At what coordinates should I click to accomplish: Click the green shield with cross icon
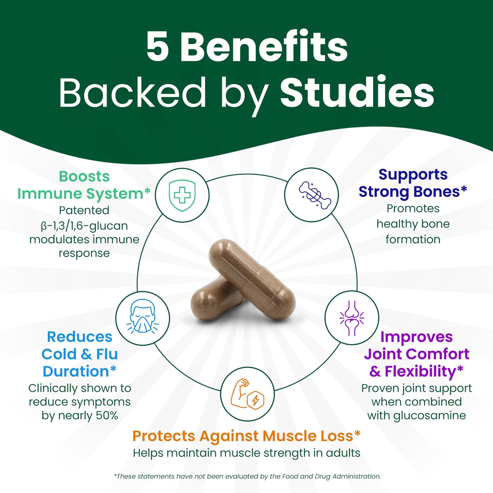(x=182, y=195)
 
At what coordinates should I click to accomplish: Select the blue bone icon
(x=315, y=195)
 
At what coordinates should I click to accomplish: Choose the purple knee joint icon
(x=352, y=318)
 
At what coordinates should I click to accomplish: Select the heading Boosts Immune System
(x=84, y=185)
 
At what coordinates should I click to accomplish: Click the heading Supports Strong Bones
(x=413, y=183)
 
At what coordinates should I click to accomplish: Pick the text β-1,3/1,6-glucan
(x=84, y=226)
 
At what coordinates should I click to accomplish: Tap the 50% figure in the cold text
(x=107, y=415)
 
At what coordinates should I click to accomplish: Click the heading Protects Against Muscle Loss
(x=246, y=436)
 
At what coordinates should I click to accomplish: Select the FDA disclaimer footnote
(x=247, y=476)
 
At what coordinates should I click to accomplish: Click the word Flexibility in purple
(x=420, y=371)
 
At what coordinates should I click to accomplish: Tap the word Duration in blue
(x=76, y=371)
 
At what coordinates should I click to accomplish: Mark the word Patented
(x=84, y=210)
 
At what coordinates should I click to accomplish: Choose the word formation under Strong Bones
(x=413, y=239)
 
